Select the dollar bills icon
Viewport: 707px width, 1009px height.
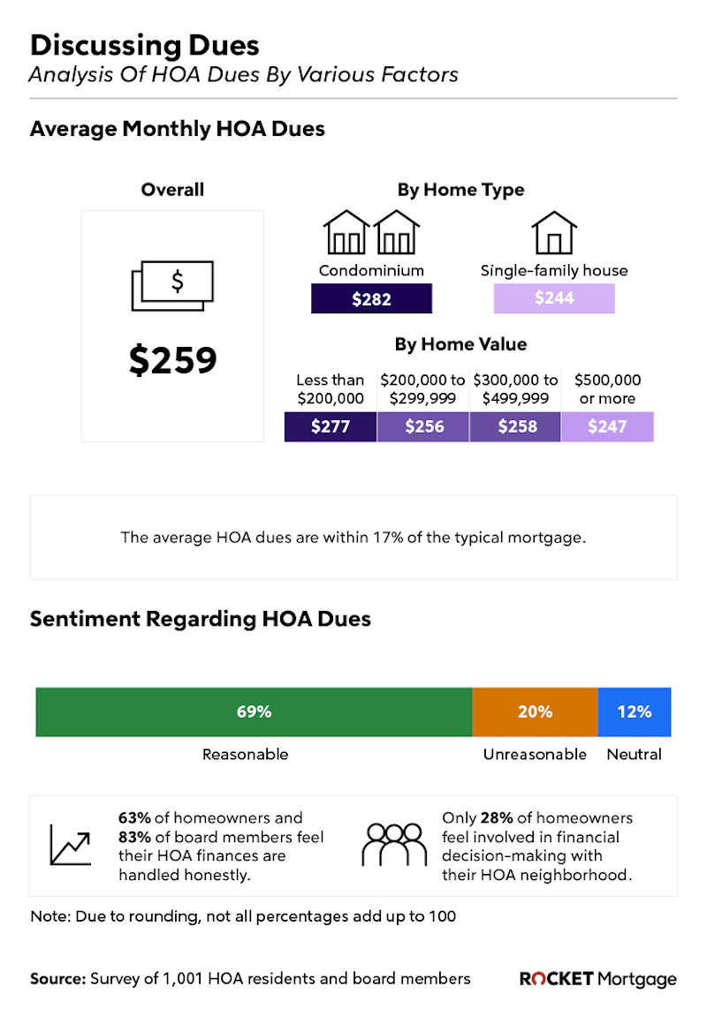172,285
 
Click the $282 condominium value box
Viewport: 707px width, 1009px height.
371,299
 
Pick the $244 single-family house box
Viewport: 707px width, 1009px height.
553,298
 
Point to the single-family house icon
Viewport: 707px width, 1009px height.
554,232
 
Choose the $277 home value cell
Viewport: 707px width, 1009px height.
331,427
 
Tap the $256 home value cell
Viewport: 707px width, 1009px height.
423,427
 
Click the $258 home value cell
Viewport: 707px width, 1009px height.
516,427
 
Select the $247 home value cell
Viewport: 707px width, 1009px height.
607,427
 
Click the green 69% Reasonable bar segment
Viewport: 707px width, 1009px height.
254,712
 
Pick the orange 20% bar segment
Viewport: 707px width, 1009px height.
535,712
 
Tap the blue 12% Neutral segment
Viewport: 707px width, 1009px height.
634,712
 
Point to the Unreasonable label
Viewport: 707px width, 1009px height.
535,755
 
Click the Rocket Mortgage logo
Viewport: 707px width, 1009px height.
598,979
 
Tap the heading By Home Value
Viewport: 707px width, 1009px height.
460,344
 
